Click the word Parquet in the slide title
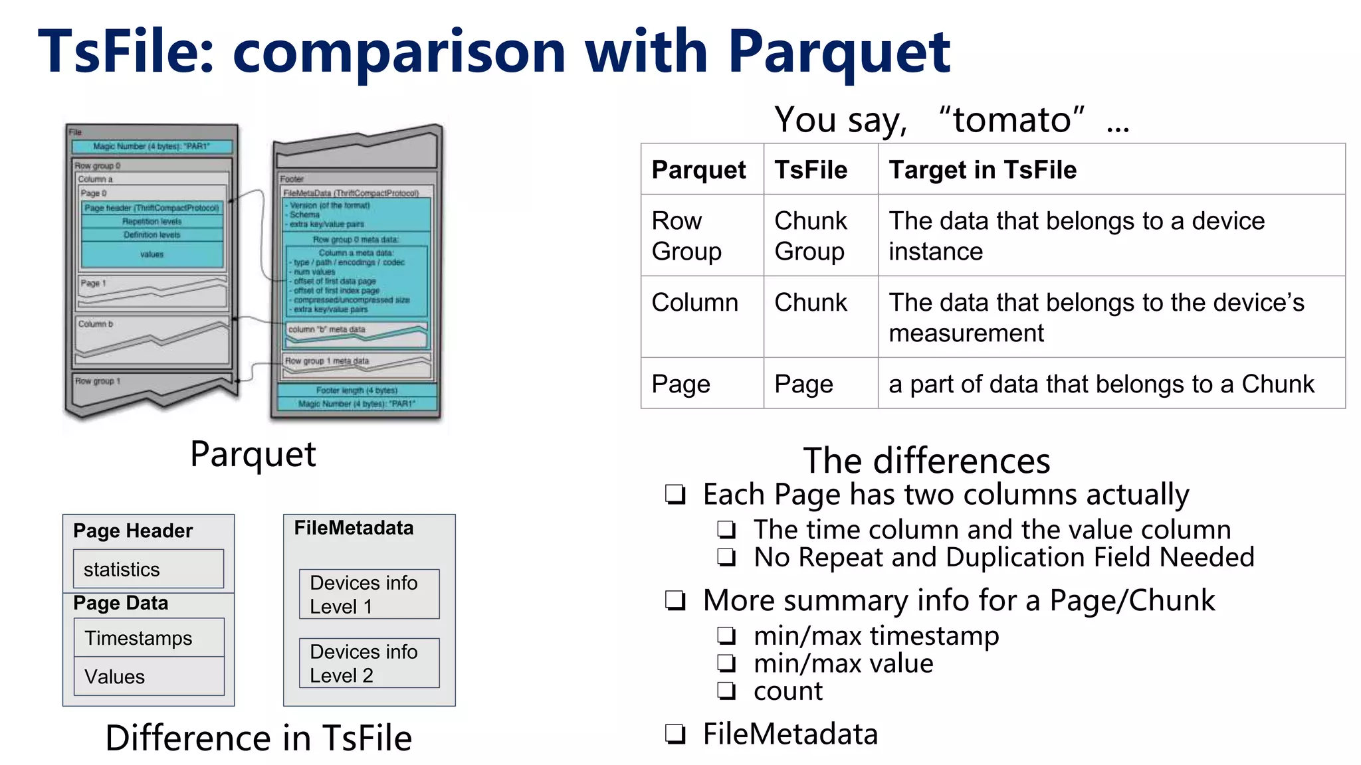[839, 53]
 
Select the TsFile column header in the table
[811, 170]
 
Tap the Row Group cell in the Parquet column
[686, 236]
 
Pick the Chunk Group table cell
[811, 236]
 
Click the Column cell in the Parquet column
[694, 303]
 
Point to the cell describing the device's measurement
[1097, 317]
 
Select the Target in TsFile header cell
[982, 170]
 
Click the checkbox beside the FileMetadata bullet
[675, 734]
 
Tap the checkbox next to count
[726, 691]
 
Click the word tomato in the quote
[1011, 121]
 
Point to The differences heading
[926, 461]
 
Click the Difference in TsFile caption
[259, 738]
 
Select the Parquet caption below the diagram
[253, 455]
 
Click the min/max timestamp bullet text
[876, 636]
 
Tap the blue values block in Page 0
[152, 254]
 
